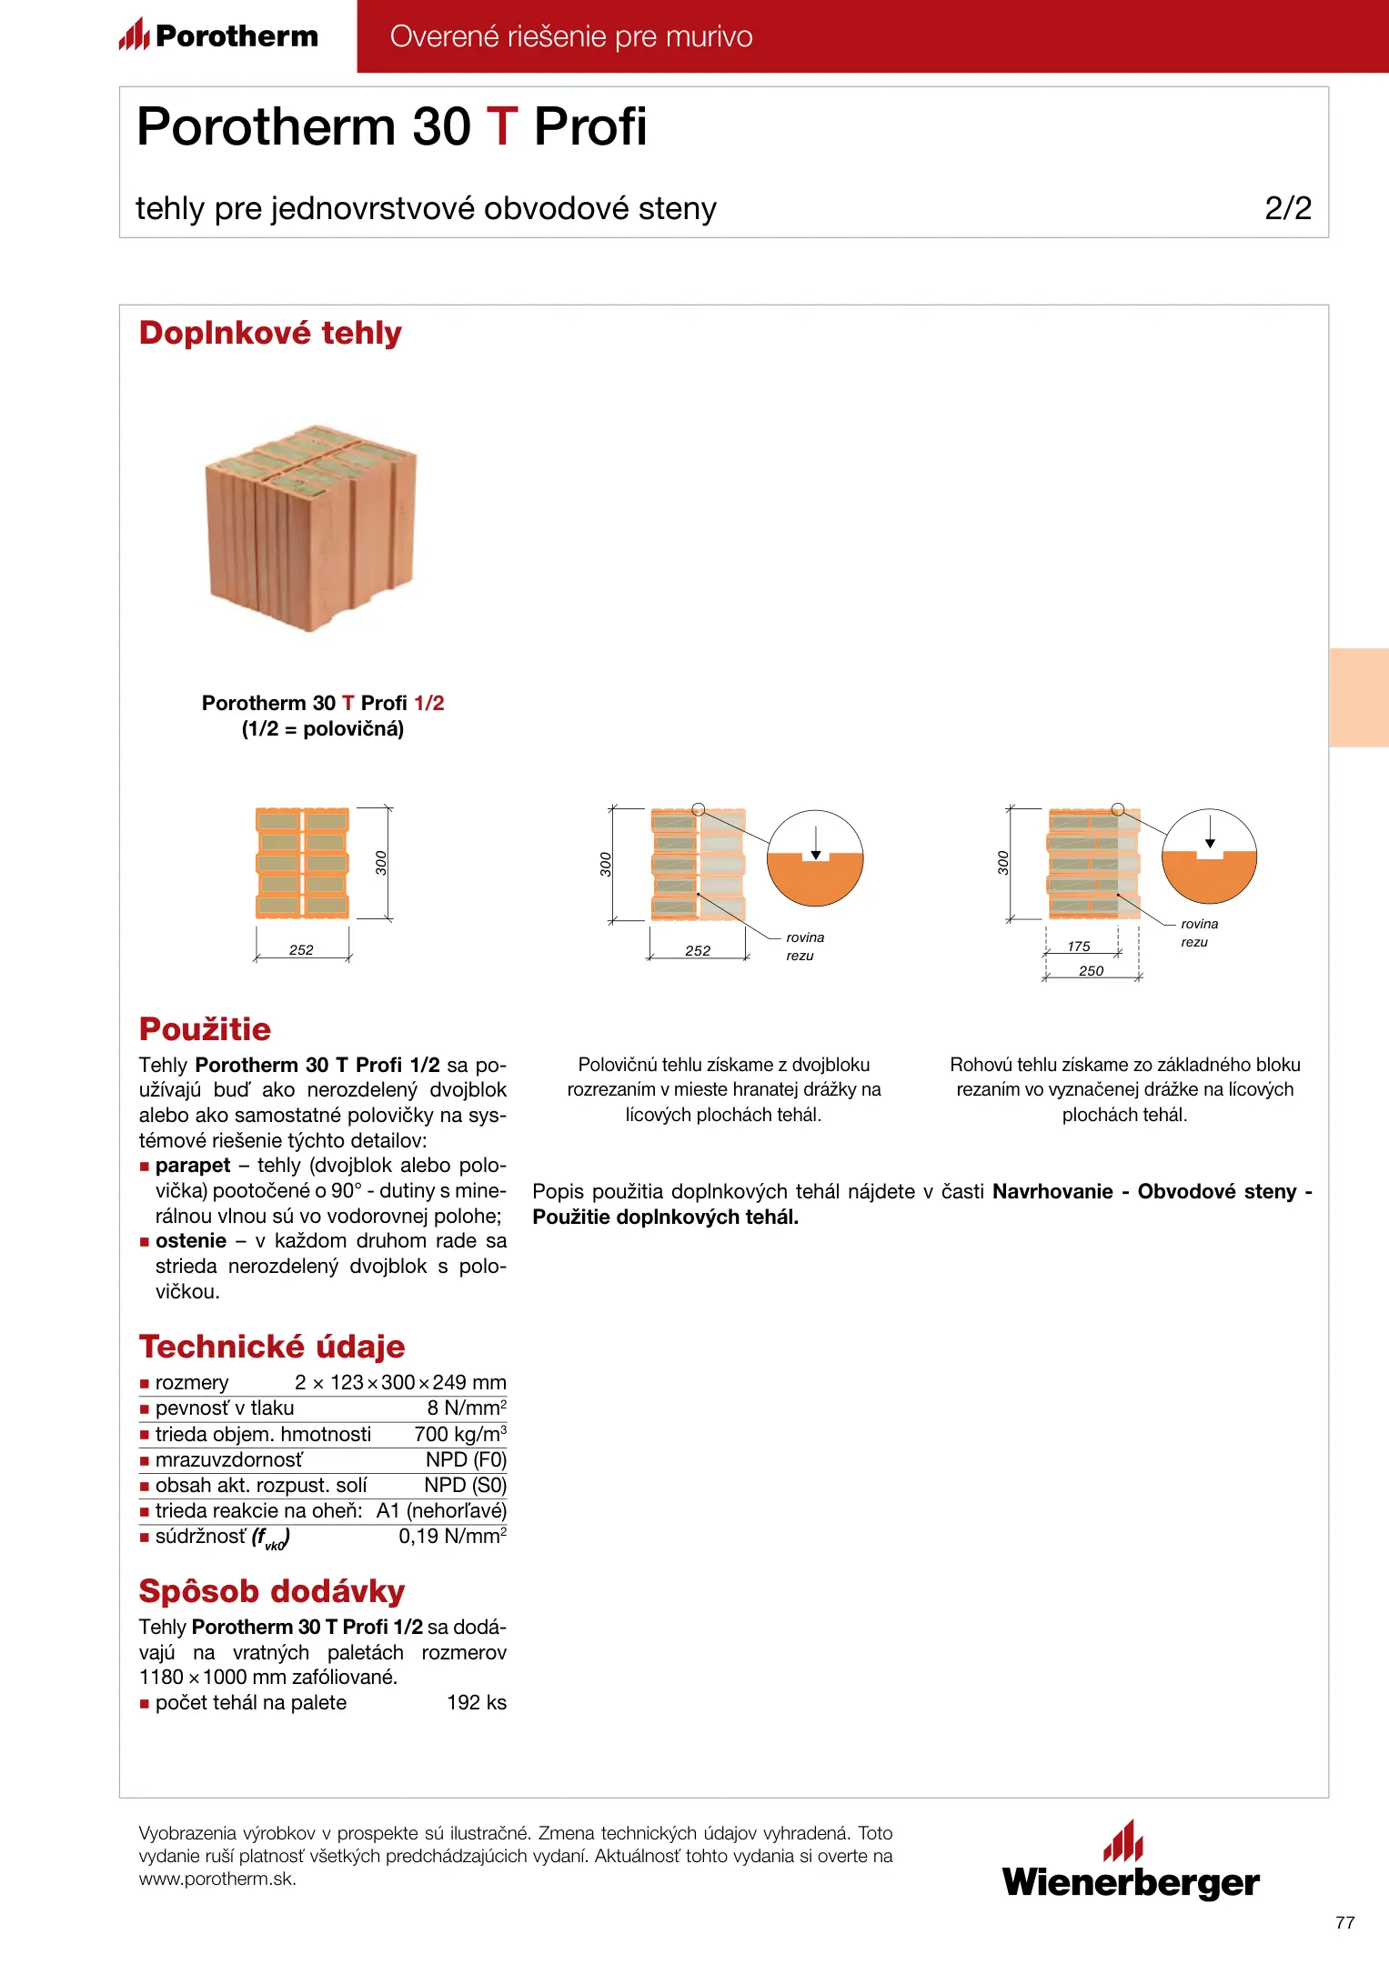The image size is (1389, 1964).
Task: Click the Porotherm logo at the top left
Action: click(x=219, y=35)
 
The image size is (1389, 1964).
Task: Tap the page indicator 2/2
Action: click(x=1287, y=208)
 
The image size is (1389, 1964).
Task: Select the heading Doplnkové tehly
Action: click(x=270, y=333)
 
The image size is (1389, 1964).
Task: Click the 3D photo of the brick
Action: click(x=310, y=527)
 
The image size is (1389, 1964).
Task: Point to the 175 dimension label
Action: click(x=1079, y=947)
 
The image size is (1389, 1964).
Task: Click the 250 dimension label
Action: click(x=1091, y=971)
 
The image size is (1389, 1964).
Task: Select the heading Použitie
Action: click(x=205, y=1029)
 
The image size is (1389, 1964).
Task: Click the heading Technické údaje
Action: click(x=272, y=1347)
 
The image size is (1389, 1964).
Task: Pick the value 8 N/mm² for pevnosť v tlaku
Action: click(x=467, y=1408)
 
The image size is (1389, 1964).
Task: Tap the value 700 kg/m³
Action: click(x=460, y=1434)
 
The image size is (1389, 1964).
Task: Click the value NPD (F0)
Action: click(x=466, y=1459)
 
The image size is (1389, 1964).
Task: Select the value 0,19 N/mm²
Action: click(x=452, y=1537)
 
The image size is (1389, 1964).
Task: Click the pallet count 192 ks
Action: click(x=477, y=1703)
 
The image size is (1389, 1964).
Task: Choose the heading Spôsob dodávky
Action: click(x=272, y=1591)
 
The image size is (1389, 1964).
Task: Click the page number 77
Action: click(x=1344, y=1922)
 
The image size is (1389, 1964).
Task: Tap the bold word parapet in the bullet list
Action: click(x=193, y=1166)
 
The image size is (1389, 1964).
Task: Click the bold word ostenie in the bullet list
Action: click(x=191, y=1241)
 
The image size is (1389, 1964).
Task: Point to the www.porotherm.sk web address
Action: click(x=217, y=1879)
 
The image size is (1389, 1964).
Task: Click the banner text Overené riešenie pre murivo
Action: click(x=571, y=36)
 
